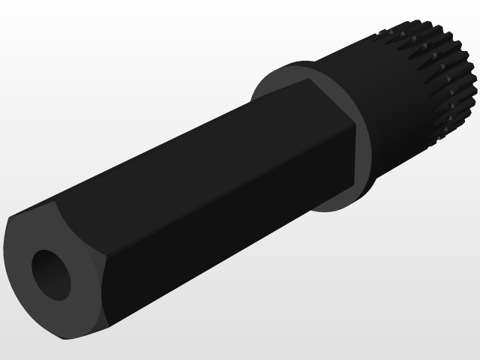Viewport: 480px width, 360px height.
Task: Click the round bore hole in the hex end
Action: (x=51, y=274)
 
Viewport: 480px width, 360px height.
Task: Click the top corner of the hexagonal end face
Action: (x=57, y=201)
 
